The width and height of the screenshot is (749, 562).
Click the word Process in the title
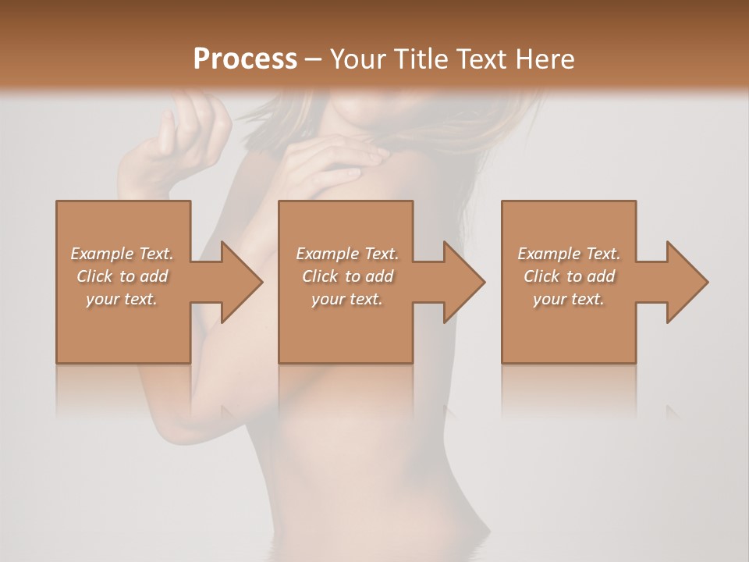coord(245,59)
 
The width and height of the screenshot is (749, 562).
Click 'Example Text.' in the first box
coord(122,254)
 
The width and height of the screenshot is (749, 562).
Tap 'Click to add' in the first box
coord(122,276)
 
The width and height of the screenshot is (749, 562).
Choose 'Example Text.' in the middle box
coord(347,254)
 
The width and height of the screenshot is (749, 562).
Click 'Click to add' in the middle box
coord(347,276)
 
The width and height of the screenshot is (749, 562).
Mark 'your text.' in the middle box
coord(347,299)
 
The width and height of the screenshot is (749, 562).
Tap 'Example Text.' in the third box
coord(569,254)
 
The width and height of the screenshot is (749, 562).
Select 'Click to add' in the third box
coord(569,276)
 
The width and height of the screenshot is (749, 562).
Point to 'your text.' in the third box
coord(569,299)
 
